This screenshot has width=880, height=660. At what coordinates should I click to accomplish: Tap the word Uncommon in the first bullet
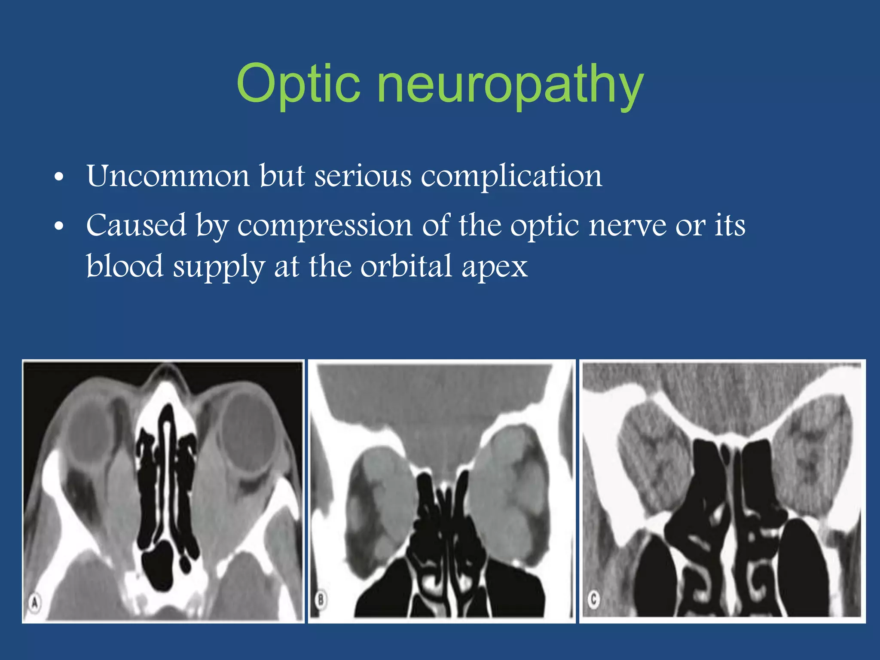pyautogui.click(x=168, y=176)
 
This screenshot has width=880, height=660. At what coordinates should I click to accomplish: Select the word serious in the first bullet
pyautogui.click(x=363, y=176)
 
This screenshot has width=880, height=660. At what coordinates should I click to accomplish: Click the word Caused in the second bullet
pyautogui.click(x=136, y=225)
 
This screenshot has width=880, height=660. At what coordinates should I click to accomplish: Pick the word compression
pyautogui.click(x=325, y=226)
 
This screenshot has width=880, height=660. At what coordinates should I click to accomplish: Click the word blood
pyautogui.click(x=125, y=266)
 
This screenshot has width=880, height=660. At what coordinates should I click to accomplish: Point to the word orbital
pyautogui.click(x=406, y=266)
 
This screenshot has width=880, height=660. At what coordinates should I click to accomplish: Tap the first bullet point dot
pyautogui.click(x=59, y=177)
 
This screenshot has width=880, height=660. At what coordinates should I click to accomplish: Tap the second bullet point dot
pyautogui.click(x=59, y=226)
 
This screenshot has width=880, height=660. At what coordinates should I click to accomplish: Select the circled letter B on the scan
pyautogui.click(x=321, y=599)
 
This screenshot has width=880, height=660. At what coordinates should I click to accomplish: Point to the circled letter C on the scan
pyautogui.click(x=594, y=599)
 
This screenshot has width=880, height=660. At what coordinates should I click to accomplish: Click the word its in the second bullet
pyautogui.click(x=730, y=225)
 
